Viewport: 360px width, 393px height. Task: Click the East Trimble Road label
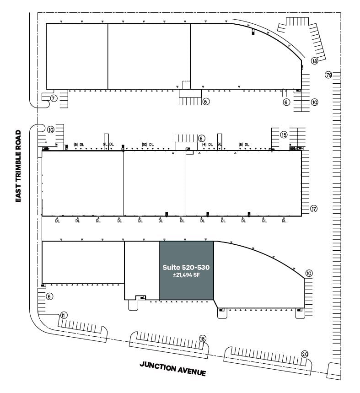tap(18, 167)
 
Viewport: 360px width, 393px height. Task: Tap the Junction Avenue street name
tap(173, 368)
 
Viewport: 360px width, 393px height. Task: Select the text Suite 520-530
tap(186, 267)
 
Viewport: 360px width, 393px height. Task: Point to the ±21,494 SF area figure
tap(186, 275)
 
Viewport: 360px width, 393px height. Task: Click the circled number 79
tap(328, 75)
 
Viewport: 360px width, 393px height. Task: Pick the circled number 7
tap(54, 98)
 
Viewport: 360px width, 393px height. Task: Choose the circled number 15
tap(284, 135)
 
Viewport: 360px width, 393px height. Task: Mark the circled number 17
tap(313, 209)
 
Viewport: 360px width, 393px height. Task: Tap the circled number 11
tap(64, 315)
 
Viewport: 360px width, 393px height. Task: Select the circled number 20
tap(305, 354)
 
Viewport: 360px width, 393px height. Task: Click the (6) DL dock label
tap(79, 145)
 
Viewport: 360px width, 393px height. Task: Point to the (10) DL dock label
tap(148, 145)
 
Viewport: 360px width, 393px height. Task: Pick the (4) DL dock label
tap(208, 145)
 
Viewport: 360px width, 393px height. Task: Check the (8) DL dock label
tap(243, 145)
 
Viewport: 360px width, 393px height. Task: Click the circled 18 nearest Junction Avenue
tap(202, 339)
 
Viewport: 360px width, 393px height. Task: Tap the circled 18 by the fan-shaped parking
tap(314, 61)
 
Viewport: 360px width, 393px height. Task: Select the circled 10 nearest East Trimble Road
tap(50, 129)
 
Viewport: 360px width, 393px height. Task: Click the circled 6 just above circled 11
tap(50, 296)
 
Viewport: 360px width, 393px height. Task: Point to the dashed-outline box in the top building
tap(186, 85)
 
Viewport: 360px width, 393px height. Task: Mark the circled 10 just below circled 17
tap(309, 274)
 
